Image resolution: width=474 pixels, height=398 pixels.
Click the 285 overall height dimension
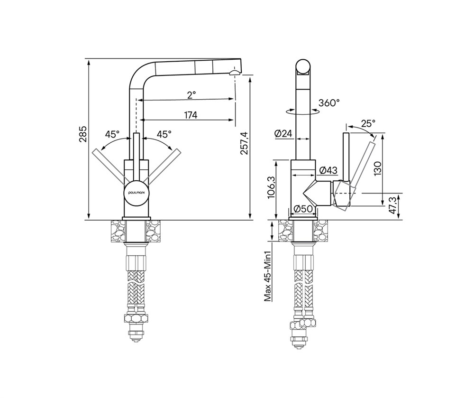[83, 133]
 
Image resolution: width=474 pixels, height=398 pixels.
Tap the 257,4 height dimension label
[244, 143]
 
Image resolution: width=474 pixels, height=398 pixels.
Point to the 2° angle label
[191, 95]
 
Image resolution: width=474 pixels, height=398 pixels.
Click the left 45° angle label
[112, 134]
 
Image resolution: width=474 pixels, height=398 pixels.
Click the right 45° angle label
[164, 134]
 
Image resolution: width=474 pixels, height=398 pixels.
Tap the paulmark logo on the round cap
[137, 192]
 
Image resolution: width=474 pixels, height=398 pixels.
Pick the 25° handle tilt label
[368, 123]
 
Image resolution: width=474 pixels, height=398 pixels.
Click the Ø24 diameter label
[284, 133]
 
